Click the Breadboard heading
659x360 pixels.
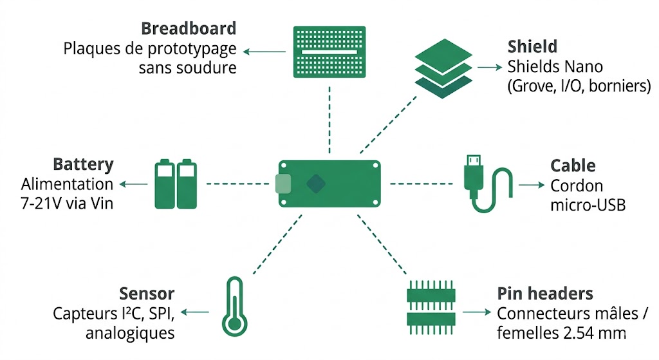(189, 29)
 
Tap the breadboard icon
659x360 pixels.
(329, 53)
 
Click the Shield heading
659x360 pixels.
(532, 47)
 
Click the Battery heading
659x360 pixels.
(82, 164)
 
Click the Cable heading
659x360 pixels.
(573, 166)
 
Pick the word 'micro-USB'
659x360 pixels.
(588, 205)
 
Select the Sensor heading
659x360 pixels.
(147, 294)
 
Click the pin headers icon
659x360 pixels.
(431, 307)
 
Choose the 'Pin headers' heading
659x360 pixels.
(544, 294)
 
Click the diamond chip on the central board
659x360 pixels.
(316, 184)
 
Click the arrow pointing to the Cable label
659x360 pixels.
(532, 185)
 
